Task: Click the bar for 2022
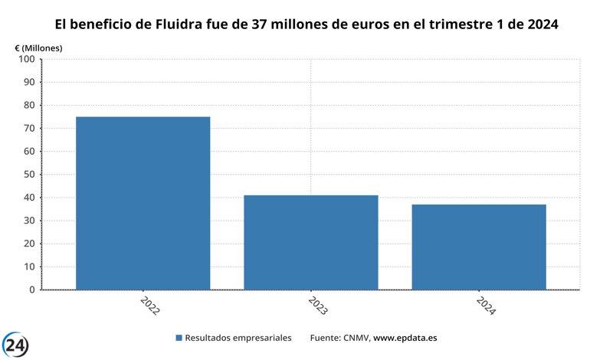coord(143,203)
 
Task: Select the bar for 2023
coord(310,242)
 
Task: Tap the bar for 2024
coord(479,247)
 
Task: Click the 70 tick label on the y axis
coord(28,129)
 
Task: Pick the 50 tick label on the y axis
coord(28,175)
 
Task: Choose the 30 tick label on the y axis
coord(28,221)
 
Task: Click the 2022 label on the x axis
coord(149,306)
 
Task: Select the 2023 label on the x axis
coord(317,306)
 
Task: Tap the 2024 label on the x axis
coord(486,306)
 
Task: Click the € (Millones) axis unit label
coord(39,47)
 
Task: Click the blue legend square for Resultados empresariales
coord(179,338)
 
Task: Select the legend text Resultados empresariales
coord(239,338)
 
